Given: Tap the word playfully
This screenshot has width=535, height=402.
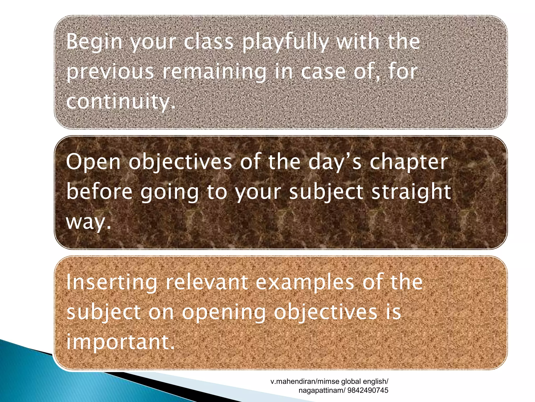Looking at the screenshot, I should point(285,42).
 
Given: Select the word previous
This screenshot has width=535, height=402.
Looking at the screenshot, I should point(110,72).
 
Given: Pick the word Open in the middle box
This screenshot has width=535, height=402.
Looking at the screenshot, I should point(93,162).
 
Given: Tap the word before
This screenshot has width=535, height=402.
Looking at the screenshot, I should point(100,192).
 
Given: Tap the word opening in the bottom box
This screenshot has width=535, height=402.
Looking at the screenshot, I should point(224,312).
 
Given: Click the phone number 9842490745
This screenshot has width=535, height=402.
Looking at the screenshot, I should point(368,390).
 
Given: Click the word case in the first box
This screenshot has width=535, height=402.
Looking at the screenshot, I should point(323,72).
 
